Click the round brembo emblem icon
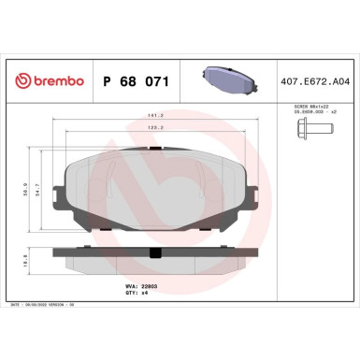(x=15, y=81)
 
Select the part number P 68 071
(x=135, y=82)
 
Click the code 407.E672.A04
(x=315, y=82)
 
